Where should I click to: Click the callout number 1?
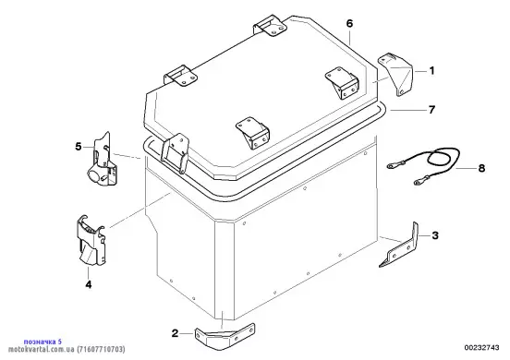pos(431,70)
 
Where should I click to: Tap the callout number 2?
pos(175,333)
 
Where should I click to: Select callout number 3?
pos(435,234)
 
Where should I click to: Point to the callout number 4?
pos(89,284)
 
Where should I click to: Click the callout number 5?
pos(79,147)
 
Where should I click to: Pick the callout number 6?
pos(349,23)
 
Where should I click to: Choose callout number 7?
pos(431,110)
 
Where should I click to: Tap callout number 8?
pos(481,168)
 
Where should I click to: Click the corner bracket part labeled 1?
pos(395,75)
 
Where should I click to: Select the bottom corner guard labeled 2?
pos(225,337)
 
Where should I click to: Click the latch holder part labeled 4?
pos(91,240)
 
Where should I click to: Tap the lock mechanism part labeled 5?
pos(102,161)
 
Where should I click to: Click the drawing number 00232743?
pos(481,348)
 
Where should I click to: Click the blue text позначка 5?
pos(42,342)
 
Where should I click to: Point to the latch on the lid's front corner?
pos(176,152)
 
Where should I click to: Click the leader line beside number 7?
pos(407,110)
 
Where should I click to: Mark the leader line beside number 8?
pos(466,169)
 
